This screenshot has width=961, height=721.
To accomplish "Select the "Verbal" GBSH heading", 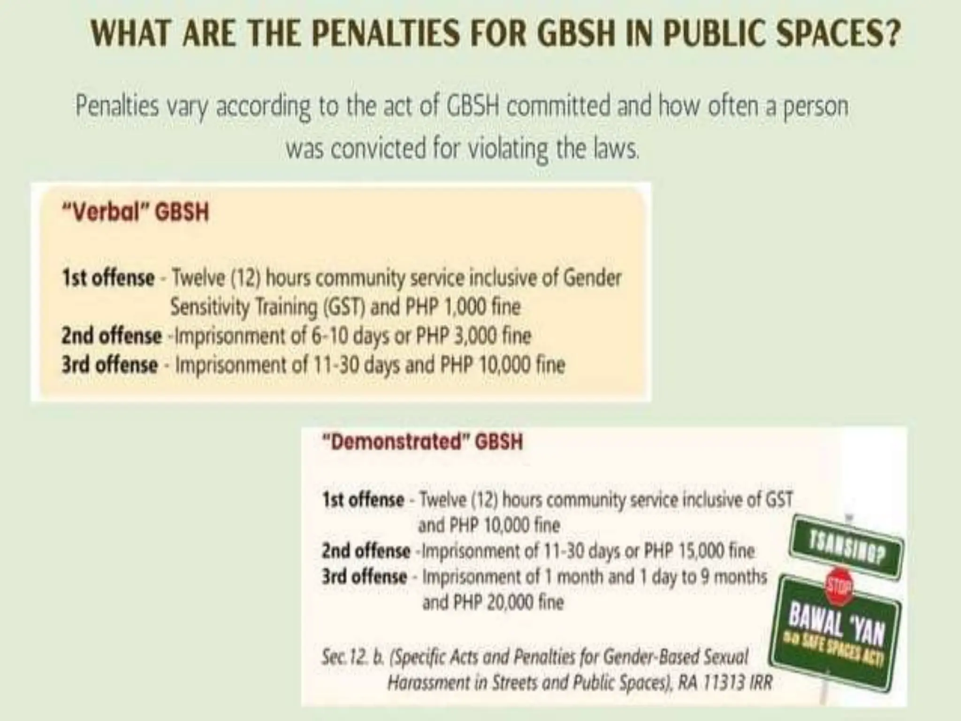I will coord(135,213).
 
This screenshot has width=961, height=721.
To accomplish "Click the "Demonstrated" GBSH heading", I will coord(422,442).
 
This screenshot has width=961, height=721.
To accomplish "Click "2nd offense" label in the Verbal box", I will coord(111,336).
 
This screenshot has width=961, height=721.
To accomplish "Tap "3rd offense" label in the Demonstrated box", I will coord(364,576).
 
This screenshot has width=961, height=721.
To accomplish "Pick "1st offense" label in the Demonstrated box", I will coord(363,499).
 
